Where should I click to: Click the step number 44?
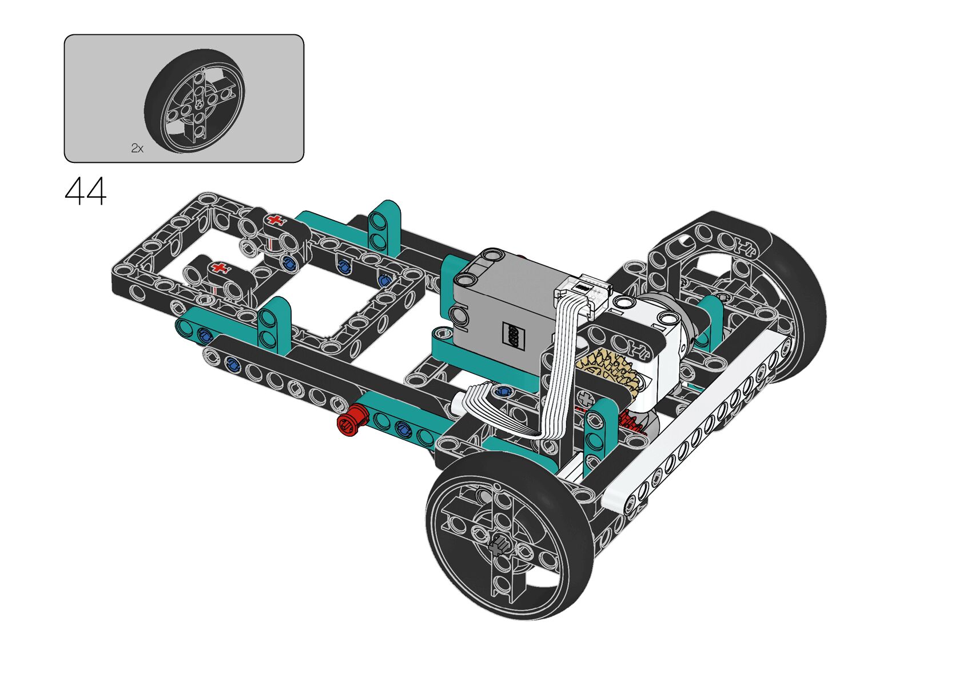click(x=86, y=191)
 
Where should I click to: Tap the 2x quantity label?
click(x=137, y=148)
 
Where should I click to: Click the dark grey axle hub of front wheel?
click(x=499, y=548)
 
